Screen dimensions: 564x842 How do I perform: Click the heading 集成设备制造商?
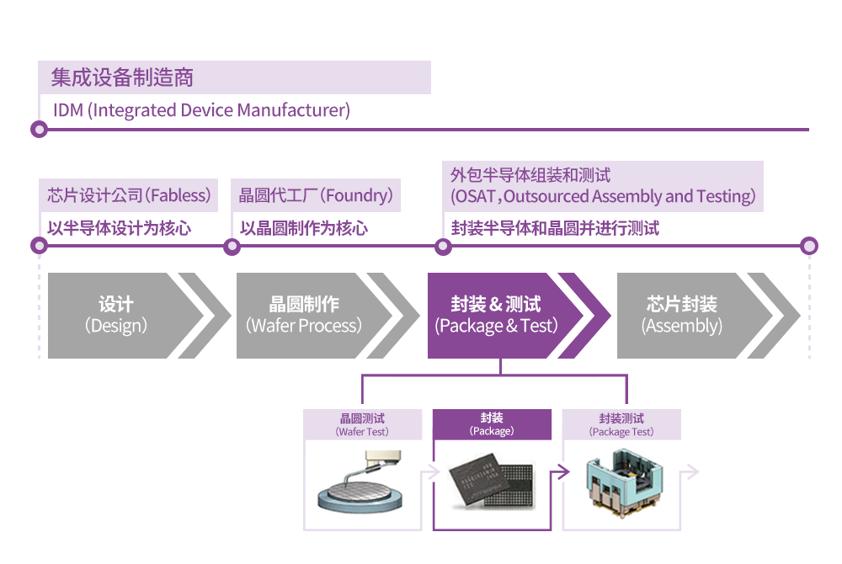(122, 78)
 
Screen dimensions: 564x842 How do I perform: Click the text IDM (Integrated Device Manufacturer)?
(201, 110)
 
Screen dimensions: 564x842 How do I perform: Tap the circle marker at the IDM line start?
(38, 130)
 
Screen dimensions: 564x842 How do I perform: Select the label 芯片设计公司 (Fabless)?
(128, 196)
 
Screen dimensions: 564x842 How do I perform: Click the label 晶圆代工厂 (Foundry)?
(316, 196)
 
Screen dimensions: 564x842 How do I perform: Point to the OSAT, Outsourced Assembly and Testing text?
(603, 197)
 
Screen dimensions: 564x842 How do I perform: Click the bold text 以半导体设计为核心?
(119, 228)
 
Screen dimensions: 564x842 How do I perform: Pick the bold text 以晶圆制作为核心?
(304, 228)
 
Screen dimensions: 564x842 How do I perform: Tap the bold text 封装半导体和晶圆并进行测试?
(555, 228)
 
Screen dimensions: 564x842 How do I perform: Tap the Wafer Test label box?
(363, 424)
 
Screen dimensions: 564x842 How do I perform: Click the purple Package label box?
(492, 424)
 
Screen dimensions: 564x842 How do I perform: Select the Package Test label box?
(621, 424)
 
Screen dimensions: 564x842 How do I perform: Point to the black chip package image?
(492, 486)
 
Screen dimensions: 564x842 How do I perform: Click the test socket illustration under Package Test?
(622, 485)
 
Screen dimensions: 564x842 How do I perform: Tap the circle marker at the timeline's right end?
(809, 246)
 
